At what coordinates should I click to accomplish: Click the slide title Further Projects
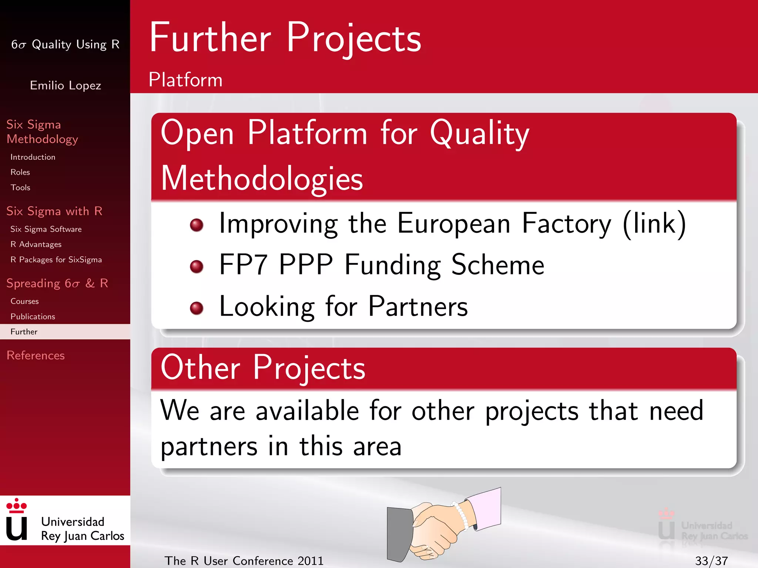[x=285, y=38]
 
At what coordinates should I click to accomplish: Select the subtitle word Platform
[x=185, y=80]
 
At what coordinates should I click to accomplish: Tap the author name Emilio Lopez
[x=66, y=85]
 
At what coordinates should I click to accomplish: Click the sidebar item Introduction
[x=33, y=157]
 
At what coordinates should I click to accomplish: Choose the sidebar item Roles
[x=20, y=172]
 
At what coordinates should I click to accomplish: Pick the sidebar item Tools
[x=20, y=187]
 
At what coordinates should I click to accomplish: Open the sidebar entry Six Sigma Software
[x=46, y=229]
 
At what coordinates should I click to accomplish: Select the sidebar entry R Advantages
[x=36, y=244]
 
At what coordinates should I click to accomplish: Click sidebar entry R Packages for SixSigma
[x=56, y=260]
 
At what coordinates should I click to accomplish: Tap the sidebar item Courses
[x=24, y=301]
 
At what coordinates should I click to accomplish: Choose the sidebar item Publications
[x=33, y=317]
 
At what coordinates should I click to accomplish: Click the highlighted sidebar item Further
[x=24, y=332]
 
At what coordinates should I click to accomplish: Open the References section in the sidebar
[x=36, y=355]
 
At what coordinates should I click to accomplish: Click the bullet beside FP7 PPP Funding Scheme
[x=197, y=266]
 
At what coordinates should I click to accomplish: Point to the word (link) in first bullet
[x=654, y=224]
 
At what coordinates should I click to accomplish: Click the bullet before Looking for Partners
[x=197, y=308]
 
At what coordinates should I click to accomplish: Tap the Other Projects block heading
[x=263, y=368]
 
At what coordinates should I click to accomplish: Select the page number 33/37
[x=711, y=561]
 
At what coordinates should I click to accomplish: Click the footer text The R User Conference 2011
[x=244, y=561]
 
